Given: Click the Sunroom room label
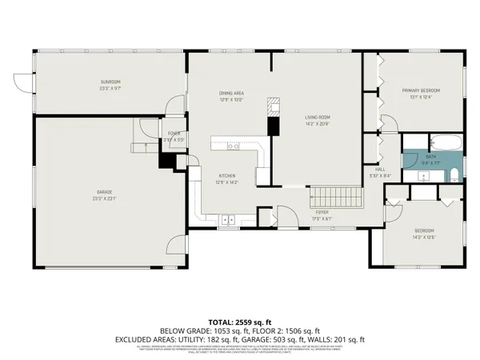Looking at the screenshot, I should (110, 82).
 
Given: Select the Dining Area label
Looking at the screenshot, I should (231, 94).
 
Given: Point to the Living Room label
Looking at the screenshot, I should (318, 118).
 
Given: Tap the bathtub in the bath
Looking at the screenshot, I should (446, 145).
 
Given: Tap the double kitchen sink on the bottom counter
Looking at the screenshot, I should (228, 218).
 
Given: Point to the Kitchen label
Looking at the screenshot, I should (228, 176).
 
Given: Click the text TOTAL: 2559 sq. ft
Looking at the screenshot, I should (240, 320).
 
